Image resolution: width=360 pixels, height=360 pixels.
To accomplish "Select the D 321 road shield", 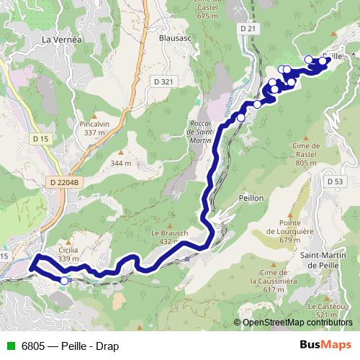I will tap(164, 81).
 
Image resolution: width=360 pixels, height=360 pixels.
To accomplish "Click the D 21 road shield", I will tap(249, 28).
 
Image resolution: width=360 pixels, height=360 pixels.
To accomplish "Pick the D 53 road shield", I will tap(333, 181).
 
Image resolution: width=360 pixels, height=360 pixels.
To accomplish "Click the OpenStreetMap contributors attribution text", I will tap(297, 323).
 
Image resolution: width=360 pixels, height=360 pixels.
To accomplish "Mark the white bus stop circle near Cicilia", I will tap(64, 281).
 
